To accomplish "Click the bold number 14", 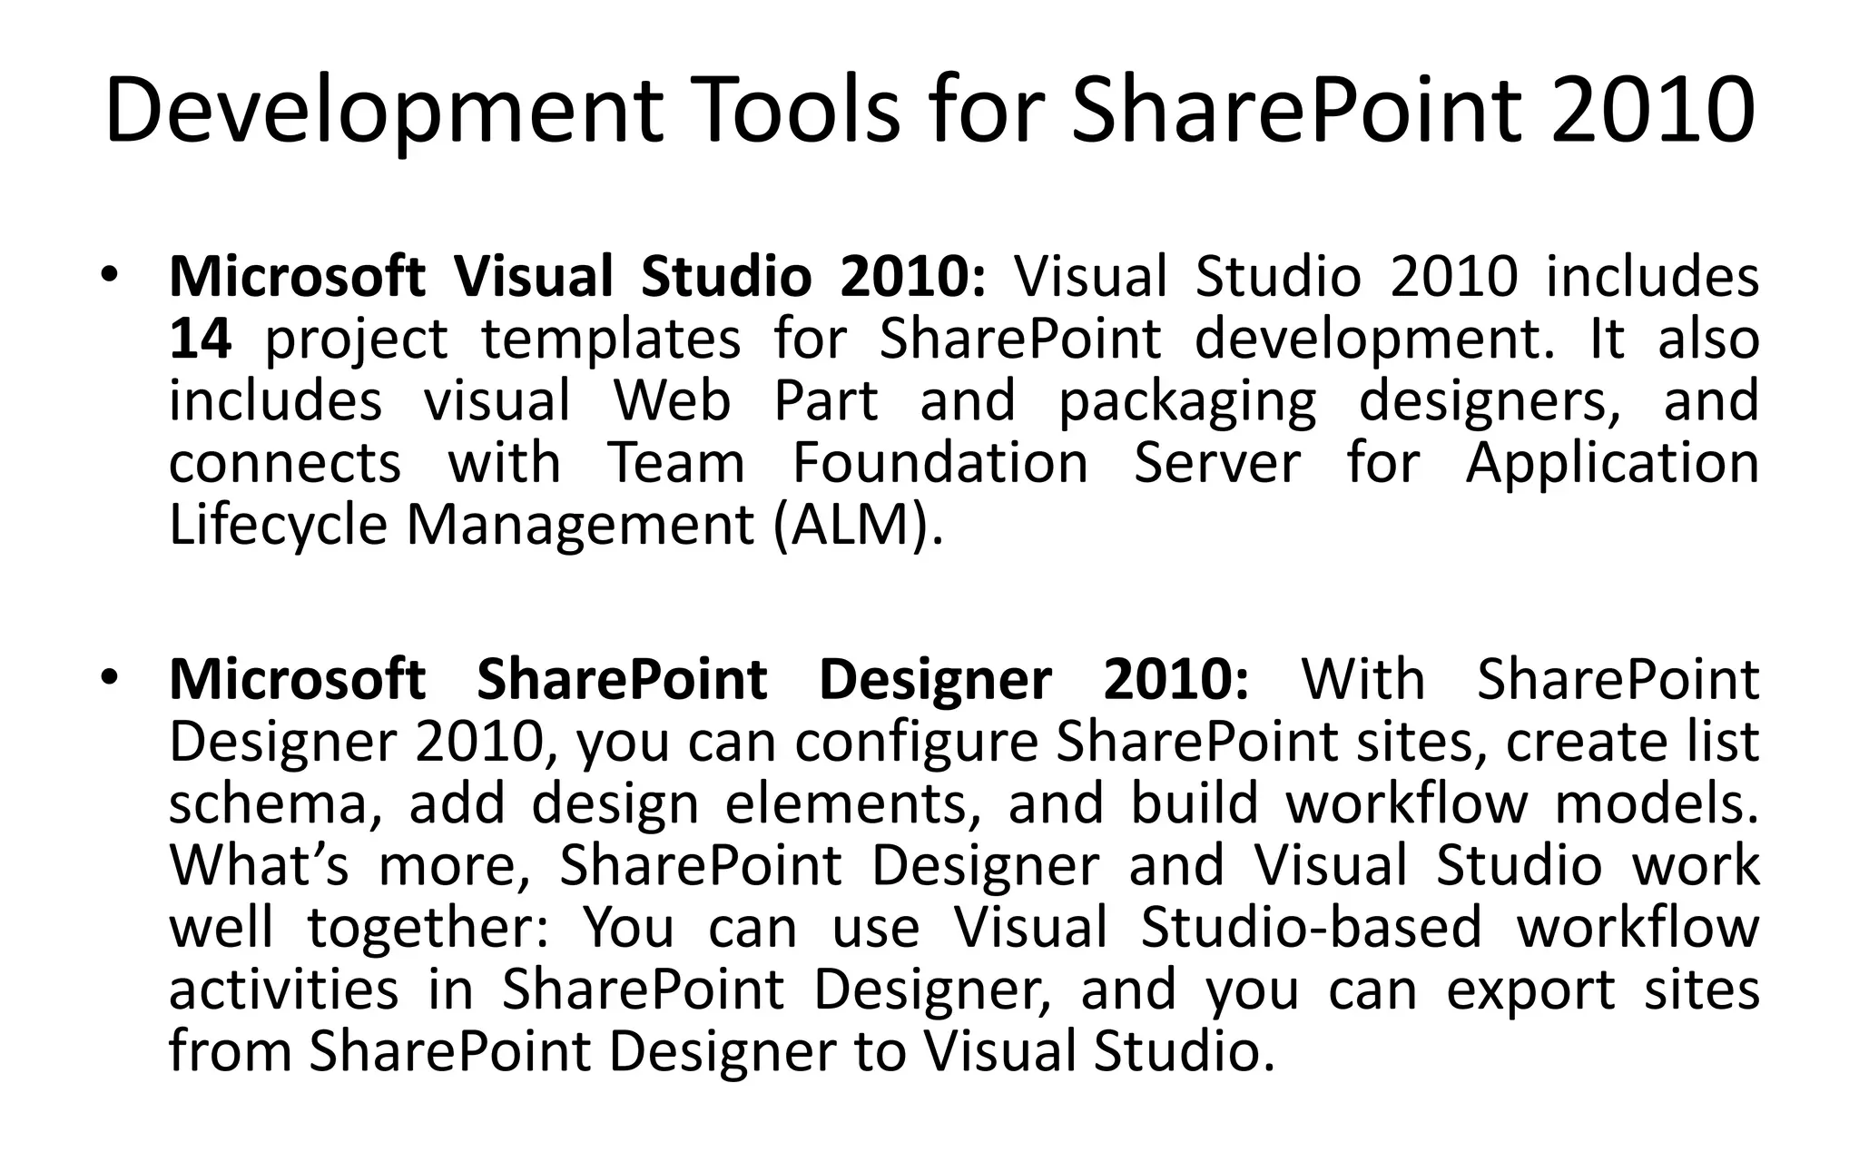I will coord(201,339).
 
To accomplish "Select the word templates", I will coord(611,339).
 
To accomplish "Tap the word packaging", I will coord(1187,402).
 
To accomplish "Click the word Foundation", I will coord(939,463).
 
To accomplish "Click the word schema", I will coord(269,803).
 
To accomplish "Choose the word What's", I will coord(259,865).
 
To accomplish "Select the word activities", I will coord(283,989).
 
